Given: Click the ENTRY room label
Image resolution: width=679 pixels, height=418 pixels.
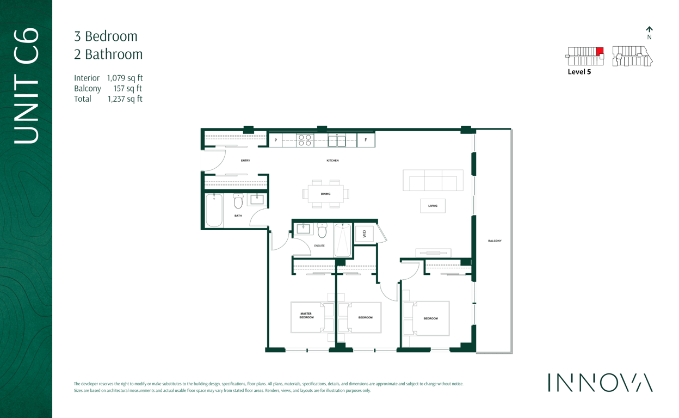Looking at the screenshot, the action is [x=245, y=161].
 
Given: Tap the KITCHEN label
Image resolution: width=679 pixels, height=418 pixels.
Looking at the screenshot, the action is [x=332, y=161].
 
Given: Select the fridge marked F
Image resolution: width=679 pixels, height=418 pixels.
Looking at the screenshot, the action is [x=366, y=140].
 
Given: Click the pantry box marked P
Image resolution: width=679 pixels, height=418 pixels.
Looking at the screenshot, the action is [x=275, y=140].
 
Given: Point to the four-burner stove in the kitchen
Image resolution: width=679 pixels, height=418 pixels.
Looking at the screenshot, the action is [x=305, y=140].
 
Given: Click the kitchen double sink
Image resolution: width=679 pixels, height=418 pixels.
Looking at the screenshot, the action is [x=337, y=141].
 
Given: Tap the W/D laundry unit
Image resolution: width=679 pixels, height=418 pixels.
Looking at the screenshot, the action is [x=364, y=233].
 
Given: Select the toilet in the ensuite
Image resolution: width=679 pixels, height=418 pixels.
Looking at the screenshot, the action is [x=322, y=230].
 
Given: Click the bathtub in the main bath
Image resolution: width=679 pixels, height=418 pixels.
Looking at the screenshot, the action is [x=214, y=210].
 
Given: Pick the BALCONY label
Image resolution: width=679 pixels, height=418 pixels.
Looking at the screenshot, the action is [x=495, y=241].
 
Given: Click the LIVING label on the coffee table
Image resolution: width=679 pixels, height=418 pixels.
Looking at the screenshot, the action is [x=433, y=206].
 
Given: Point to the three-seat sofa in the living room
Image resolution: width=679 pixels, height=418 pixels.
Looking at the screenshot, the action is [x=433, y=180].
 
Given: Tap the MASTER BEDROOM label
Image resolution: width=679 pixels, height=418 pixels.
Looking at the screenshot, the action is [x=306, y=316].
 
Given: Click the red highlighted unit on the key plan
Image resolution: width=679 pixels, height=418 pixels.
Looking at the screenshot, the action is [x=600, y=51].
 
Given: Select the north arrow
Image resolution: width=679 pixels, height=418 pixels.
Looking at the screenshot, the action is [x=649, y=30].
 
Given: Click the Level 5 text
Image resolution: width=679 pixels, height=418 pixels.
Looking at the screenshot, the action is [x=579, y=72].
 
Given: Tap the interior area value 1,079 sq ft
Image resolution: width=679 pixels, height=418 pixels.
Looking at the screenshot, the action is [x=125, y=78].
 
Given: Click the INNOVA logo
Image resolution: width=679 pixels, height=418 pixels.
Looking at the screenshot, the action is [x=600, y=383].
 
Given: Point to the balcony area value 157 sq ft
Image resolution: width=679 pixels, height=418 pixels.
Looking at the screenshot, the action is [x=128, y=88].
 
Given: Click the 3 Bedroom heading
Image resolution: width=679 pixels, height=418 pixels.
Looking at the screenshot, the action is [x=106, y=36].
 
